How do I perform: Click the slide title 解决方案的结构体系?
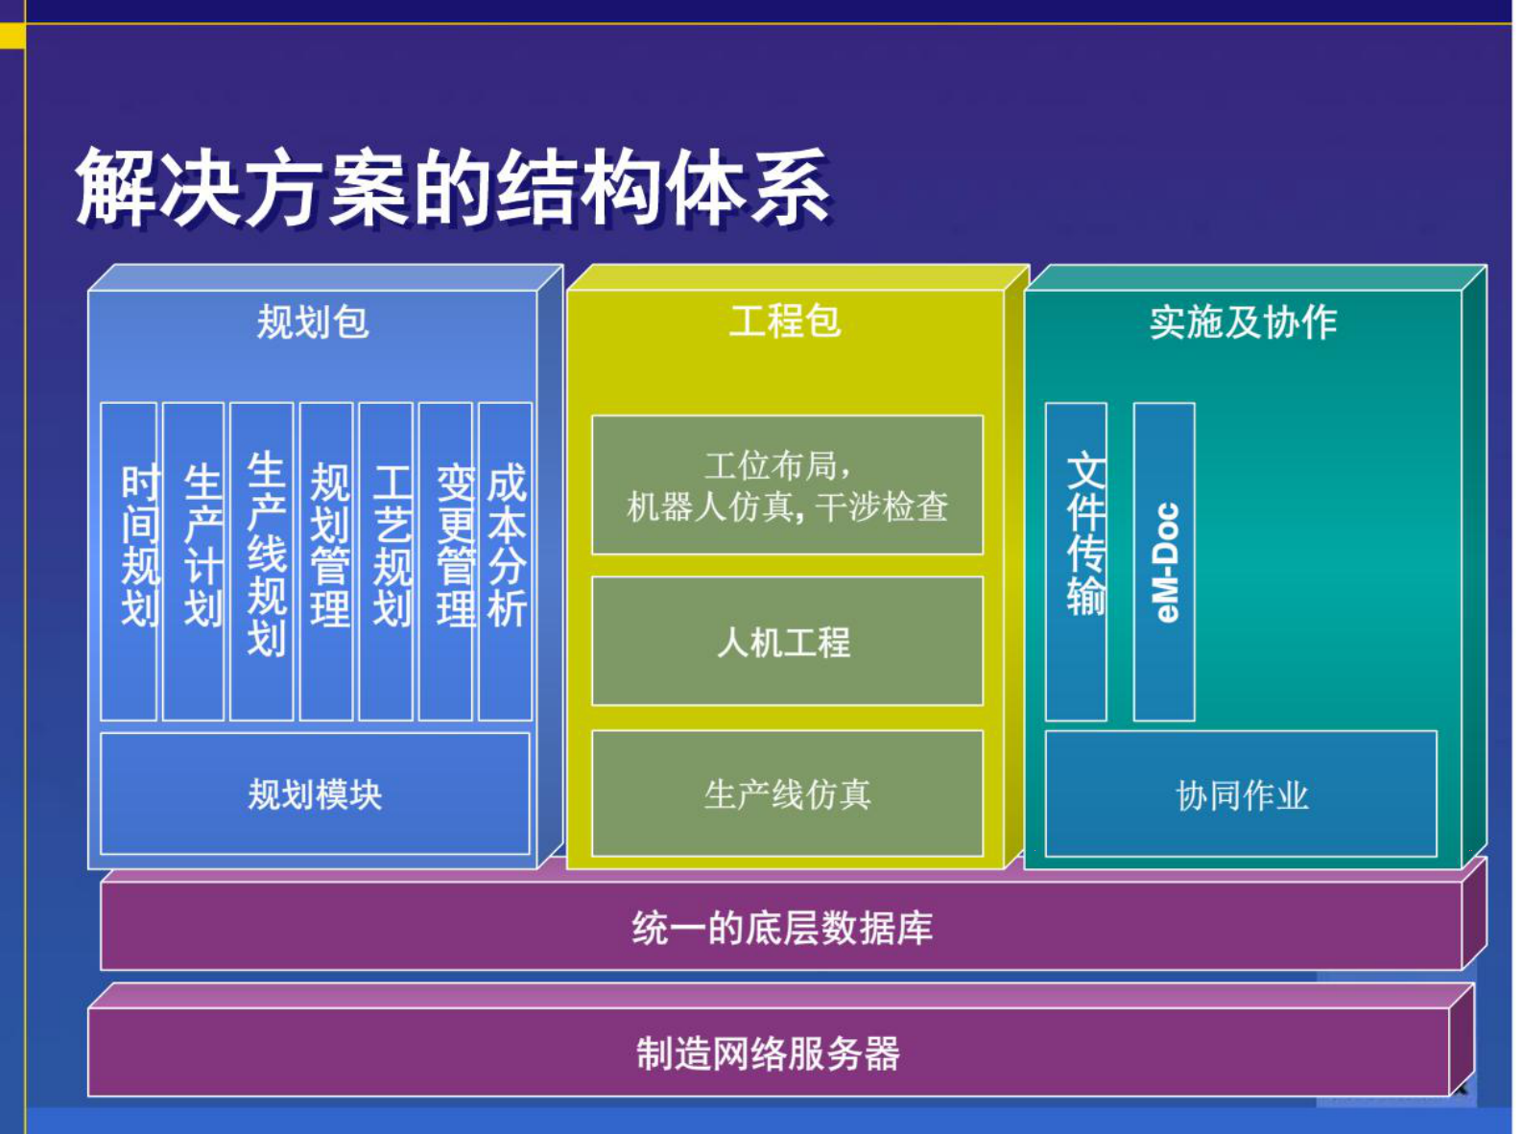point(452,187)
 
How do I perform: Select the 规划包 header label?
point(313,322)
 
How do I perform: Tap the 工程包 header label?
point(785,321)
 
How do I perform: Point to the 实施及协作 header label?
point(1243,322)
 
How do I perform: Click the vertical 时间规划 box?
point(130,561)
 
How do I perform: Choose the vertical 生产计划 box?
point(194,561)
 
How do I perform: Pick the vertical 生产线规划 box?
point(262,561)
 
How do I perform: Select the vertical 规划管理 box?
point(327,561)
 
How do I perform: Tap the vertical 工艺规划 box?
point(387,561)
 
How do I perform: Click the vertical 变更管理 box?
point(446,561)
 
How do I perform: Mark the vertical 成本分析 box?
point(506,561)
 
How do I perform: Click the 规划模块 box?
point(315,794)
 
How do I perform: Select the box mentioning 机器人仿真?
point(787,485)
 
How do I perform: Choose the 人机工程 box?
point(787,642)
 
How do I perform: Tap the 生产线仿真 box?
point(787,794)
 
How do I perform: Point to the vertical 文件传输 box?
point(1077,561)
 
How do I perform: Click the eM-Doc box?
point(1164,561)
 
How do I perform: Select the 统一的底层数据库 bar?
point(782,928)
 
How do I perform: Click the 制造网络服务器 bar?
point(768,1053)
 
